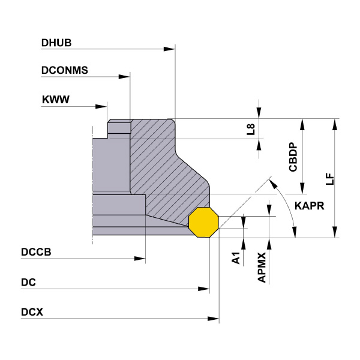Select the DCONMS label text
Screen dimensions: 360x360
point(65,70)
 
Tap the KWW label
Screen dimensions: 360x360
point(55,100)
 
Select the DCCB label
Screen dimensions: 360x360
point(36,253)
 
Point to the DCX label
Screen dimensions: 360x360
point(32,312)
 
